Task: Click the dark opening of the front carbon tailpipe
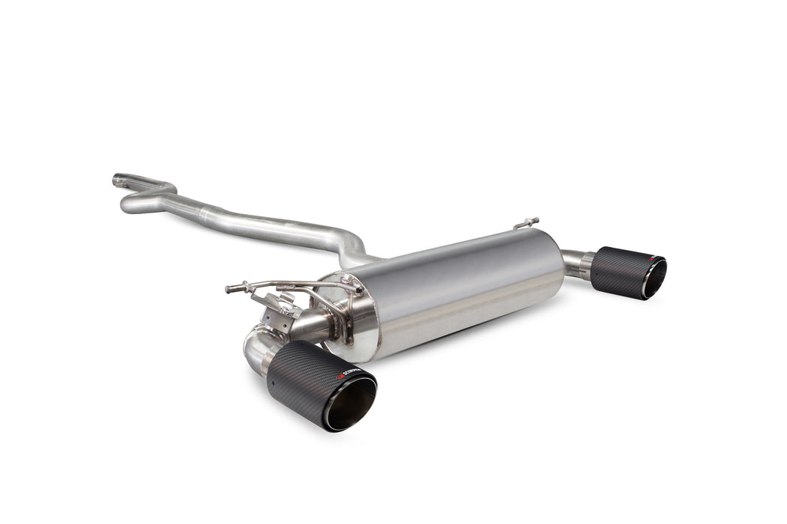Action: point(350,403)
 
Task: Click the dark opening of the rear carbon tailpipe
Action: point(654,279)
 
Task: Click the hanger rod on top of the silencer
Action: point(527,223)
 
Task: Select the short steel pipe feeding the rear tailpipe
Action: point(577,263)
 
